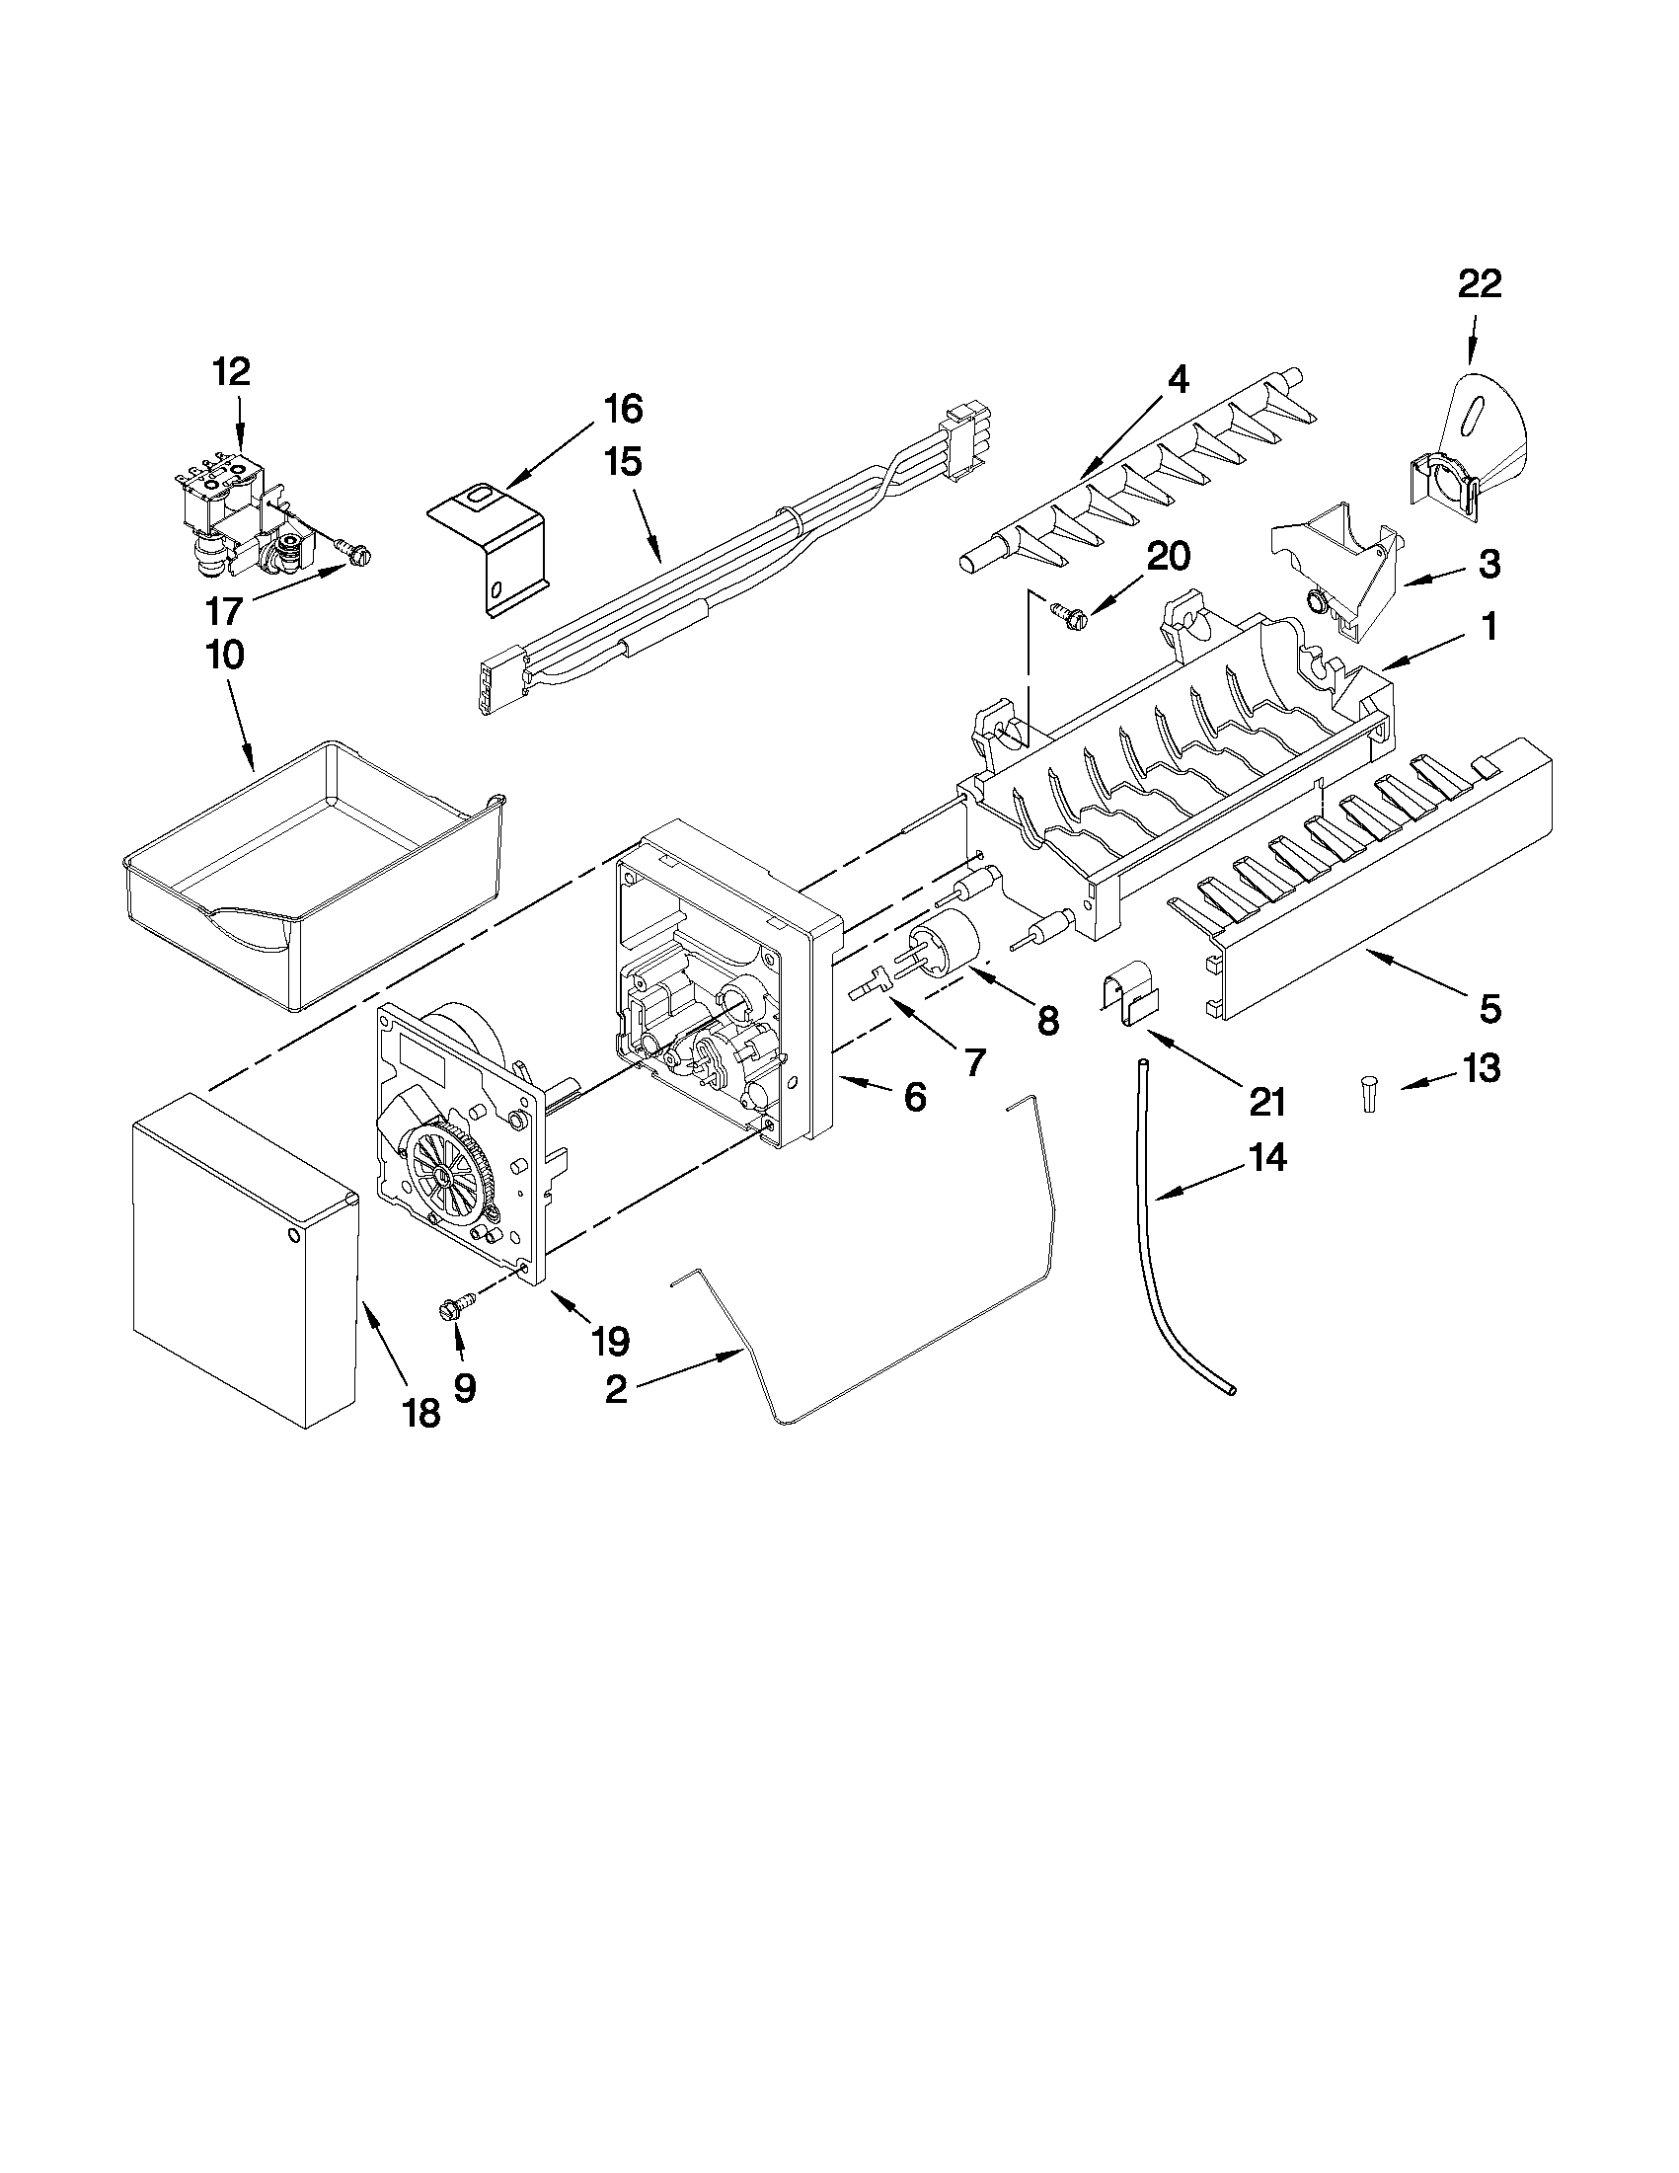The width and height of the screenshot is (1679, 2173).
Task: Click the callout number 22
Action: click(1479, 284)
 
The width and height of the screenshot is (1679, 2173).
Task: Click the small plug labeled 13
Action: click(1370, 1095)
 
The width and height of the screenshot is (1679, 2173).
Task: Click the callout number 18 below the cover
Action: click(421, 1412)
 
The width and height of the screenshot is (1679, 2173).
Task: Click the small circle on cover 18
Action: click(292, 1235)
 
